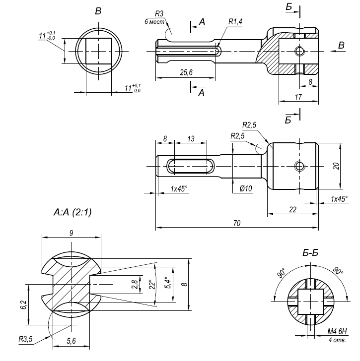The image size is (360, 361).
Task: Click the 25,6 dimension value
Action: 186,73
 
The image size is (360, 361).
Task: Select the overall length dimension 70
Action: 237,224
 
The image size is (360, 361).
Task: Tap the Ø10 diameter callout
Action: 246,188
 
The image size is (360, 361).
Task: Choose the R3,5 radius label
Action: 25,340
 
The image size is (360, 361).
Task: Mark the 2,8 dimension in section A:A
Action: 134,284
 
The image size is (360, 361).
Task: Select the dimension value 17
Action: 298,98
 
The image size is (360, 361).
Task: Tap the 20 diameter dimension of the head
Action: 336,166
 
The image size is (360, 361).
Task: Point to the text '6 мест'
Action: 154,22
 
